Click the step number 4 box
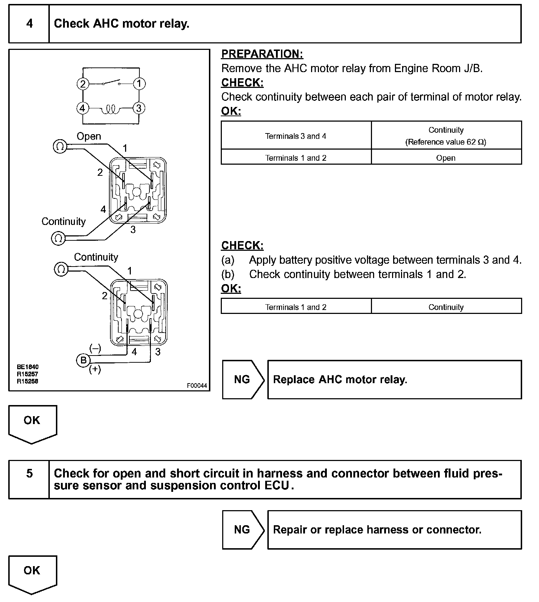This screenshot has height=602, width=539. pos(29,24)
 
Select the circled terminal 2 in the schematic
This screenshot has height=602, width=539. pos(83,84)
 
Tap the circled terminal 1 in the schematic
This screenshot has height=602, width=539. pos(139,84)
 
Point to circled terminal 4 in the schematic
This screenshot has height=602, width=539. pos(83,108)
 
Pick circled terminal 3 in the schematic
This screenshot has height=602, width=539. pos(139,108)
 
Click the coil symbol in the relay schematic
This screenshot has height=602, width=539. pos(111,109)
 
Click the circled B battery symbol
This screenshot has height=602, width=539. pos(84,360)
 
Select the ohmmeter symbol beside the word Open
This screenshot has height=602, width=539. pos(60,146)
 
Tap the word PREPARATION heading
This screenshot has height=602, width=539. pos(262,54)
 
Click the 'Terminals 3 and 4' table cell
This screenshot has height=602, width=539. pos(296,136)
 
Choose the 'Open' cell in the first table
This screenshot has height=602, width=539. pos(446,158)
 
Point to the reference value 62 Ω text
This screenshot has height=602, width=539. pos(446,142)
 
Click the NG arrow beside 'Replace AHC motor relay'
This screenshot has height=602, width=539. pos(243,380)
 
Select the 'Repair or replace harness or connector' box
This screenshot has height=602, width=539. pos(394,530)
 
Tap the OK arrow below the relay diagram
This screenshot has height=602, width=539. pos(32,423)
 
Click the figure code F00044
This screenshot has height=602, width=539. pos(197,386)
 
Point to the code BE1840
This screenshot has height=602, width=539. pos(28,367)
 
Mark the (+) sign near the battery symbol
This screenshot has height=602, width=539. pos(95,370)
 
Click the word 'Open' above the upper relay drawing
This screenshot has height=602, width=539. pos(89,136)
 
